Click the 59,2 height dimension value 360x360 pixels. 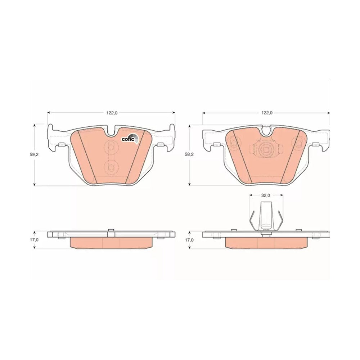click(34, 154)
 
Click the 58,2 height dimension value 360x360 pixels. click(189, 154)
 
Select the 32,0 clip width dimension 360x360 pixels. click(266, 195)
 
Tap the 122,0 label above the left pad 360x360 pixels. click(112, 113)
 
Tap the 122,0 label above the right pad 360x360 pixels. click(267, 113)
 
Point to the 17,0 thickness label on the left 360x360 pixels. click(34, 240)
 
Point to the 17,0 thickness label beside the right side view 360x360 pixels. click(189, 240)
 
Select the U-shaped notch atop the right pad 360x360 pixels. click(266, 131)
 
